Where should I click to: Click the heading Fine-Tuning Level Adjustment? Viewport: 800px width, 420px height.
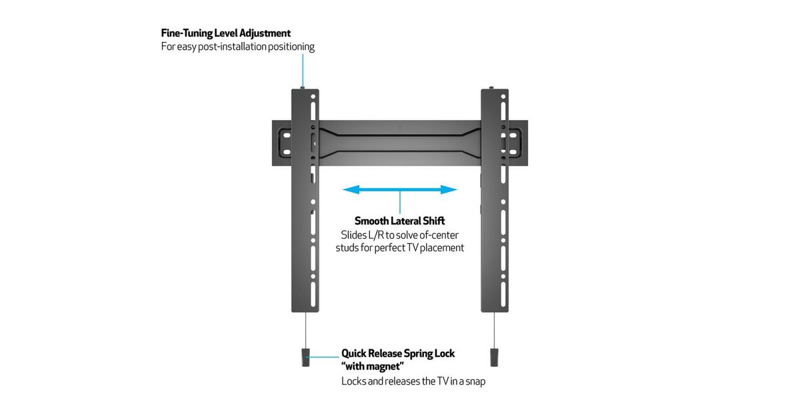point(226,33)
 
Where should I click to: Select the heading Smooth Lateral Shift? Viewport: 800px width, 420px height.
point(399,221)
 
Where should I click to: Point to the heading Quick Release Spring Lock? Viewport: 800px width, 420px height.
point(398,353)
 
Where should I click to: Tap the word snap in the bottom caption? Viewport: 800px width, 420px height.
point(474,382)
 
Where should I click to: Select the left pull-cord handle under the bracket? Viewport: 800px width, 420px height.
point(305,357)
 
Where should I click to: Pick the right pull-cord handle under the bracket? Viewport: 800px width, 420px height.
point(494,357)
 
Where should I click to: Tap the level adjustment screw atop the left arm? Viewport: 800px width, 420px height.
point(303,87)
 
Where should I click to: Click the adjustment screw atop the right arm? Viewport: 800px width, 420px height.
point(492,87)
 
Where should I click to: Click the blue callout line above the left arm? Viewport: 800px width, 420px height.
point(303,69)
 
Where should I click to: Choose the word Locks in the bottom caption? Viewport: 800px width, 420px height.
point(354,382)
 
